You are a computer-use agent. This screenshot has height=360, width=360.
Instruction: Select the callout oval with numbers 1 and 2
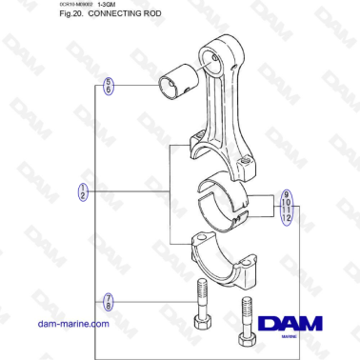click(x=83, y=191)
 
